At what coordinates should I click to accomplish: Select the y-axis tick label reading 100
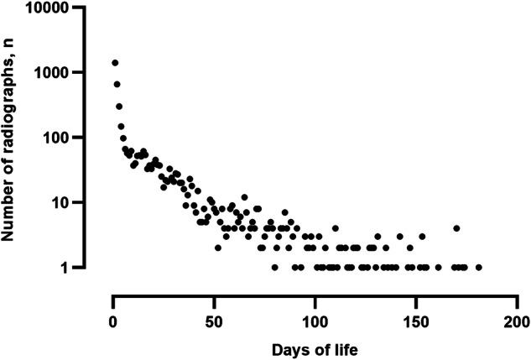click(x=79, y=138)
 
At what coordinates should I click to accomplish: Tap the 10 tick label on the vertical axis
click(x=83, y=202)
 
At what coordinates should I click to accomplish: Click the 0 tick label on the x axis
click(x=112, y=323)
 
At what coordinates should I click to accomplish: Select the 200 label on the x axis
click(x=516, y=323)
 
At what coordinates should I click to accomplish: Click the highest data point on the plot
click(x=115, y=63)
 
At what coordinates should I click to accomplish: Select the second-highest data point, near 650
click(x=117, y=84)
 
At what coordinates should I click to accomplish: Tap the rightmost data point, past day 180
click(x=478, y=268)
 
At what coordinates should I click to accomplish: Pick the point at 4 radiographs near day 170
click(x=456, y=228)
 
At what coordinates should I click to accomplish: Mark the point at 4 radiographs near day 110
click(x=336, y=228)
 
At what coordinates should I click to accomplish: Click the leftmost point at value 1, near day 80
click(x=274, y=268)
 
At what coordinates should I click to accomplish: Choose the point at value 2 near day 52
click(x=218, y=248)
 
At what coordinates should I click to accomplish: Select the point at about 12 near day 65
click(x=244, y=197)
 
